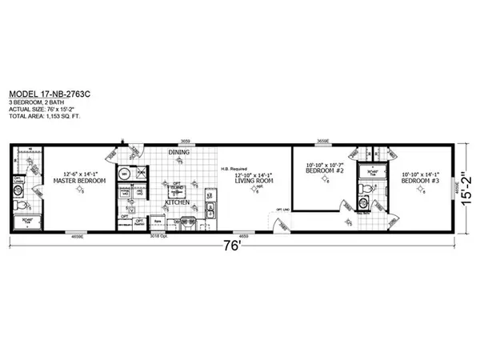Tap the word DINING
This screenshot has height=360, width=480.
[178, 152]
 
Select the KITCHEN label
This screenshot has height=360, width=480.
[177, 202]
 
